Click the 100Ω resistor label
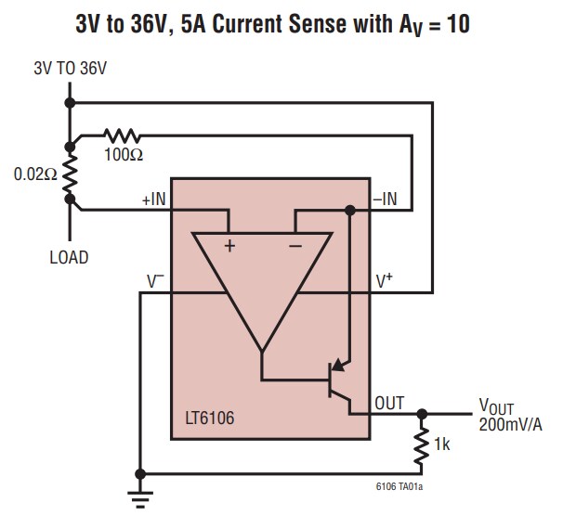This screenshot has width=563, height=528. (x=124, y=155)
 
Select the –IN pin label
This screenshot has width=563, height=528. (x=385, y=199)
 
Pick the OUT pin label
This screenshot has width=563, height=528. (x=389, y=403)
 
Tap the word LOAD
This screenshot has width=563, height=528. (x=69, y=258)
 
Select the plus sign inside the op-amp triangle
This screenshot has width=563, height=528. (x=229, y=247)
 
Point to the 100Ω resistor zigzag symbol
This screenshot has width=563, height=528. (x=124, y=136)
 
